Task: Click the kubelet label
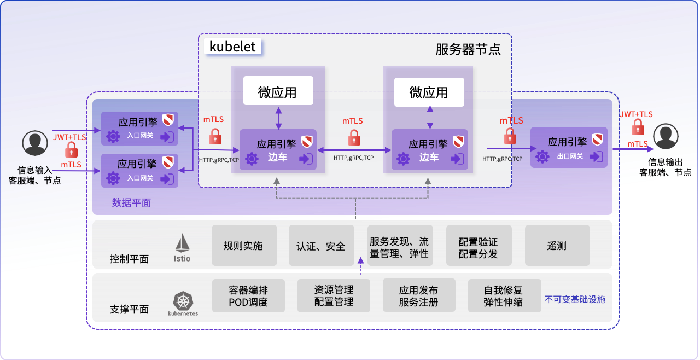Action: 233,47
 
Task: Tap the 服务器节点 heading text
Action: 468,49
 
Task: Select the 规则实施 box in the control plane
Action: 244,246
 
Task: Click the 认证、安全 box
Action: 321,246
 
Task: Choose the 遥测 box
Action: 557,246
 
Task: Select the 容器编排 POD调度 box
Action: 248,296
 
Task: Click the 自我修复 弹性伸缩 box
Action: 503,296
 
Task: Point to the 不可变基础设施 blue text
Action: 575,299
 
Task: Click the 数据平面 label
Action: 131,202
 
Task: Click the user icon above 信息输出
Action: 666,136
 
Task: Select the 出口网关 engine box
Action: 569,147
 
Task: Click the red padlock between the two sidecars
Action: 354,137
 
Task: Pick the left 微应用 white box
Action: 278,91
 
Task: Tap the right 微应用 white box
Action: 429,91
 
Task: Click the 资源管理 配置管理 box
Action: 334,296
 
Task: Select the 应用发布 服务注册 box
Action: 418,296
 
